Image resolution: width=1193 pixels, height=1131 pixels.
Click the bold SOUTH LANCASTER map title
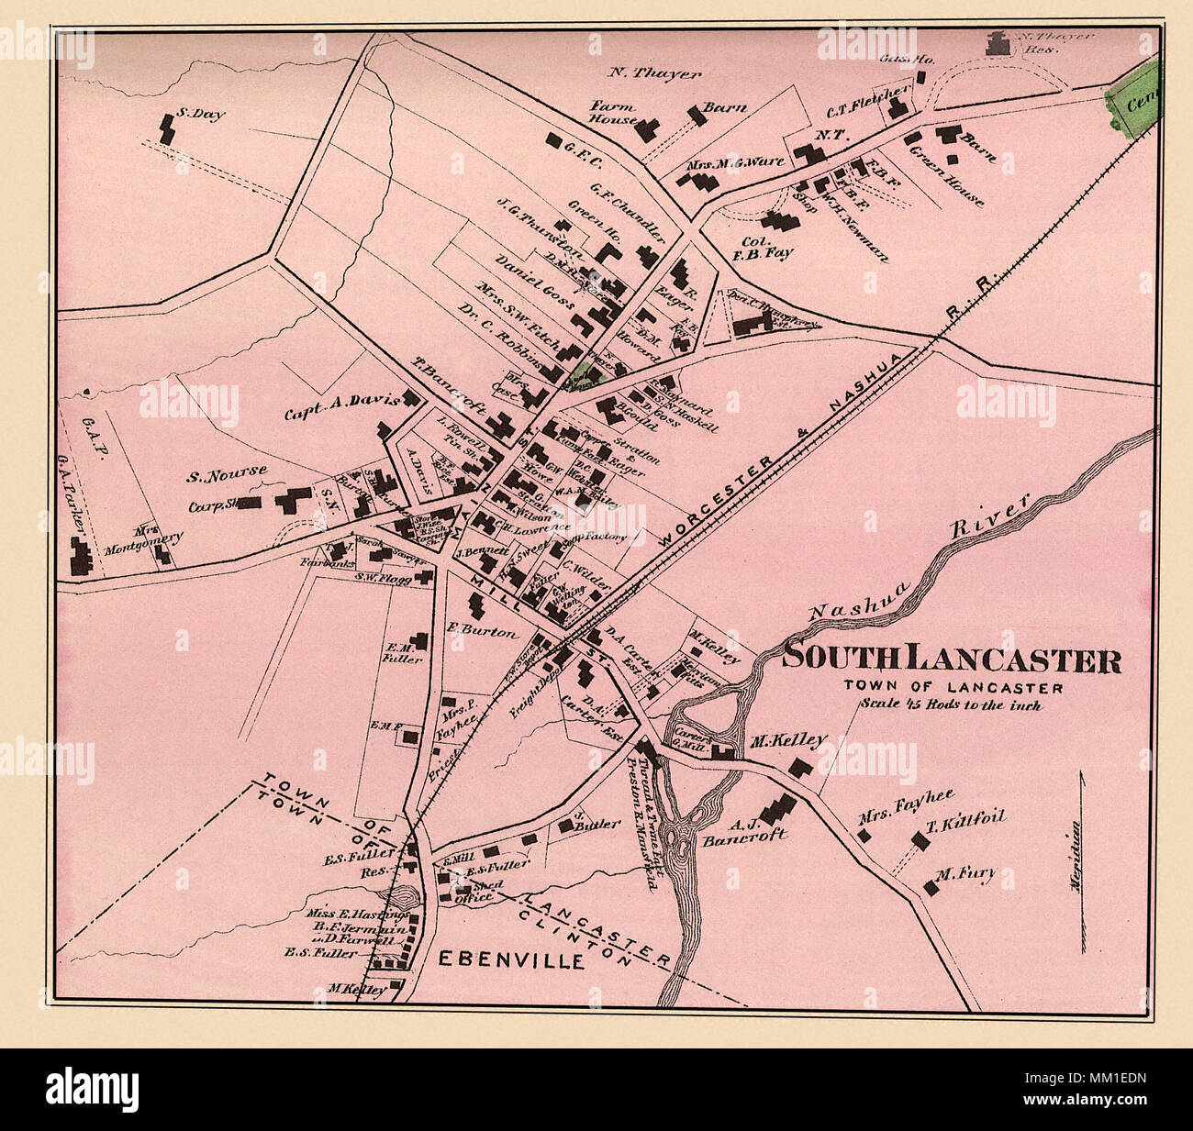tap(952, 660)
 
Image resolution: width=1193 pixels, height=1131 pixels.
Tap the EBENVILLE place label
tap(510, 960)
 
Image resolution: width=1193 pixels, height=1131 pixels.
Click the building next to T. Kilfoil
tap(920, 840)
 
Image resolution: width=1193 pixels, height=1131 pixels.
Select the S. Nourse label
tap(227, 473)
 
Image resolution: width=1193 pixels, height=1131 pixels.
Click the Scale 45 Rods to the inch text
tap(950, 704)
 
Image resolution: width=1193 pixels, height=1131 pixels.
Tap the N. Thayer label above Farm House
tap(654, 73)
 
